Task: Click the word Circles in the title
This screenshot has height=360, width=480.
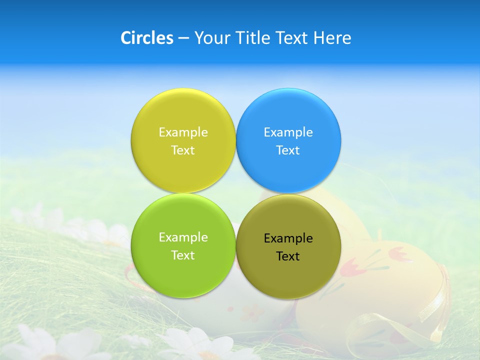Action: click(147, 38)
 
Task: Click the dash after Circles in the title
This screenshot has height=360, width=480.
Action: click(183, 38)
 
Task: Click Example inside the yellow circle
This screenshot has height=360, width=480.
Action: click(183, 132)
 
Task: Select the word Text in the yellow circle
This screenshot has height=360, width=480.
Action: click(183, 150)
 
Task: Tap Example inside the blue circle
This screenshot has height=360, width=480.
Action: click(288, 132)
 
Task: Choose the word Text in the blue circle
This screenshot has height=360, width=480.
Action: click(288, 150)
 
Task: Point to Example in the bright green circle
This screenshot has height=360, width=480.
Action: click(183, 237)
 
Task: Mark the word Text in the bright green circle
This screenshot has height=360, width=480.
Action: click(183, 255)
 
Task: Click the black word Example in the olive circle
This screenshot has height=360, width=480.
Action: click(288, 238)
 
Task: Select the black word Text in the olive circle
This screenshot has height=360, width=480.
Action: click(288, 256)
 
